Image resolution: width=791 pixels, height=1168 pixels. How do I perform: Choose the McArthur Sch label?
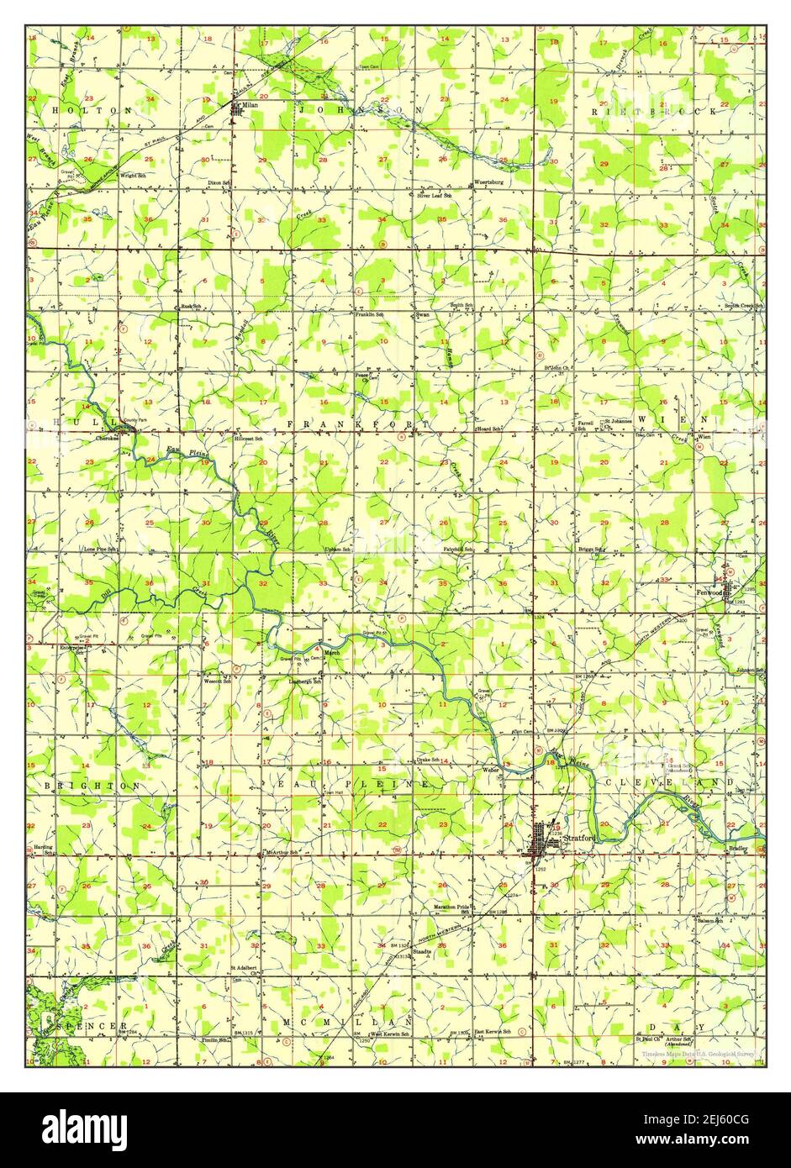pyautogui.click(x=282, y=852)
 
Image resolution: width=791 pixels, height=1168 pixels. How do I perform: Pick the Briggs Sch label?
pyautogui.click(x=591, y=549)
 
